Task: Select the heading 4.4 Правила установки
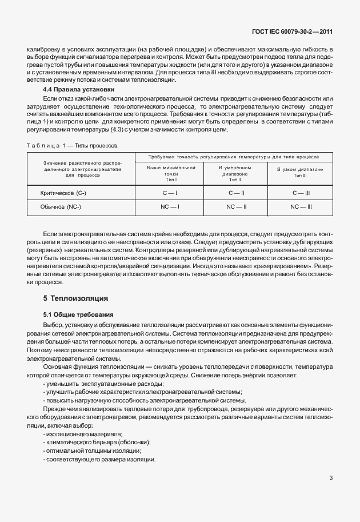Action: [79, 90]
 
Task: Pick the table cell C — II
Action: [236, 194]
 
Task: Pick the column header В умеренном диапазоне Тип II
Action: [236, 173]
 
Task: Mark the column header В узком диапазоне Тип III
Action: [300, 173]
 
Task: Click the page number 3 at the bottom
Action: [331, 478]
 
